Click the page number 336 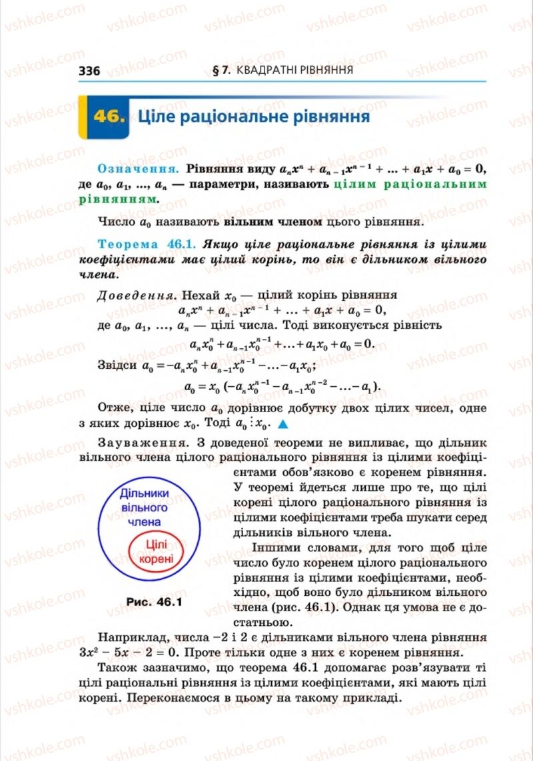89,71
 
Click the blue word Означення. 139,168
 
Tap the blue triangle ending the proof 282,424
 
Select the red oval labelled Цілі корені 156,552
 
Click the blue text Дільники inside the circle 145,493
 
